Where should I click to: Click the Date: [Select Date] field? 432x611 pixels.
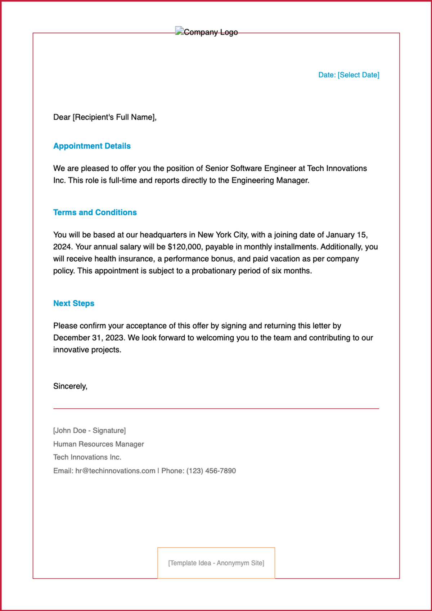click(x=348, y=75)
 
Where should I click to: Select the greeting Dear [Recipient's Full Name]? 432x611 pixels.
click(x=105, y=117)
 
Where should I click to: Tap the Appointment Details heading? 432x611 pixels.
click(x=92, y=146)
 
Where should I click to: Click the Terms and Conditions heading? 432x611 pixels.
click(x=95, y=212)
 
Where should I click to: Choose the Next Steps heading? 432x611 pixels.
click(x=74, y=304)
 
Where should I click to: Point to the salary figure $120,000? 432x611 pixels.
click(x=184, y=247)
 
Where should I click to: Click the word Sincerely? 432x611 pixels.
click(x=70, y=386)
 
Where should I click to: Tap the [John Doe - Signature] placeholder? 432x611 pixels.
click(x=89, y=431)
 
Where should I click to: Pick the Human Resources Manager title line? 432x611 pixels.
click(x=98, y=444)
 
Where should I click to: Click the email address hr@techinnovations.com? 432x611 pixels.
click(x=115, y=471)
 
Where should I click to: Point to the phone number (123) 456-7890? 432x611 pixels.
click(x=211, y=471)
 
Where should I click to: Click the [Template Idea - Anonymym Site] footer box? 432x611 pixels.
click(x=216, y=563)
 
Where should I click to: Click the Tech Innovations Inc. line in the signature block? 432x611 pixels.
click(x=87, y=457)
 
